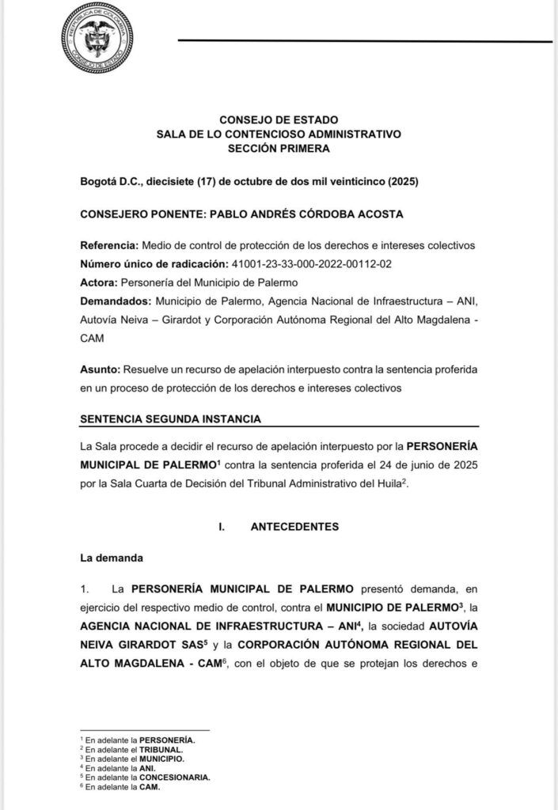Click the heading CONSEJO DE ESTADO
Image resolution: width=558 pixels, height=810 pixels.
tap(279, 119)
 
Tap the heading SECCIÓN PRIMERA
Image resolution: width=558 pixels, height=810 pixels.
tap(279, 148)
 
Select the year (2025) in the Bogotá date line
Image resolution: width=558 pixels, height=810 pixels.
tap(404, 181)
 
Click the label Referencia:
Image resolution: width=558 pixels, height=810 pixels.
tap(110, 245)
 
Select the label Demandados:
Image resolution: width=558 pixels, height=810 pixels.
tap(115, 301)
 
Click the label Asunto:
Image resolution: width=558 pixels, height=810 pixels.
tap(100, 369)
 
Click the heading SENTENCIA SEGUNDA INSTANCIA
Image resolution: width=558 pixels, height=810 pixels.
tap(171, 418)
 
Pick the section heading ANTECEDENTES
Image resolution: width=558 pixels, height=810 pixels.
tap(294, 526)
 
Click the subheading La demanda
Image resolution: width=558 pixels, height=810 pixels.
tap(112, 558)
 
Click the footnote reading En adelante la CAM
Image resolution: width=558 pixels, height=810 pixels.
tap(120, 787)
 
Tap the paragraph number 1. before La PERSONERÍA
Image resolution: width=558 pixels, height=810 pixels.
tap(86, 589)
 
